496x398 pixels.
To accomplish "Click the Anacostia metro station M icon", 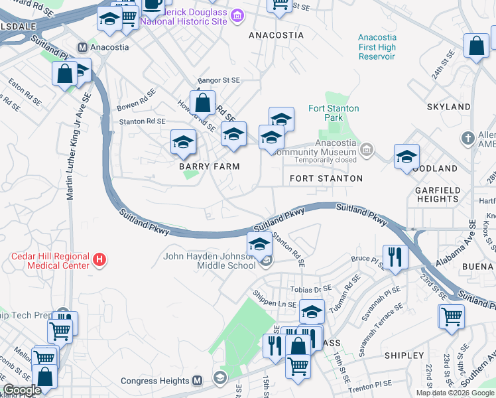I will coord(83,47).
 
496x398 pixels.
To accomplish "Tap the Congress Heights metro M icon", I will coord(197,381).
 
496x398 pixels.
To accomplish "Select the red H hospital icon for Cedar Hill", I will coord(99,259).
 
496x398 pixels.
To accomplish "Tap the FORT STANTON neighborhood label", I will coord(326,178).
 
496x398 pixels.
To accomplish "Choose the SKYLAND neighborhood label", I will coord(449,107).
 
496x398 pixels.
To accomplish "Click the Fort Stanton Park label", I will coord(334,113).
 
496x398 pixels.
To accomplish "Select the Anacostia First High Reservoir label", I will coord(376,47).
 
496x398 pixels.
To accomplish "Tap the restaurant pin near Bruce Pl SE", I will coord(396,256).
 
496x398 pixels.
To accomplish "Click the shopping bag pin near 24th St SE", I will coord(476,46).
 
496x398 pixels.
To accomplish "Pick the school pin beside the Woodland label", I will coord(406,157).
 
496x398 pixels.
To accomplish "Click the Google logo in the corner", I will coord(22,389).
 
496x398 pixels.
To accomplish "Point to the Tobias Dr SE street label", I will coord(310,289).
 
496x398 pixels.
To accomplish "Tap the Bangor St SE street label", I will coord(218,80).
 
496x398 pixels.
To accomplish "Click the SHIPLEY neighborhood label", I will coord(403,356).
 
